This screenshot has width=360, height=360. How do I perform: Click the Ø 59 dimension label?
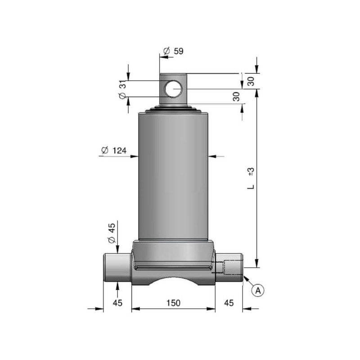point(173,51)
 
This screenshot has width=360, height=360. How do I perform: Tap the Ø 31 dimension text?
point(122,90)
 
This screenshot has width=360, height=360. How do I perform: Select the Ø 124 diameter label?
point(114,150)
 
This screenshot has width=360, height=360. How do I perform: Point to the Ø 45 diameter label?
point(112,233)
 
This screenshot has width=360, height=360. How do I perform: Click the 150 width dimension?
point(173,303)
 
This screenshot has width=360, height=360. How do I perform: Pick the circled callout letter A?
point(258,290)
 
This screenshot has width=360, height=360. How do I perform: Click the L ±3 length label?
point(251,178)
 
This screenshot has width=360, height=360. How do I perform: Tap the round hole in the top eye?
point(173,89)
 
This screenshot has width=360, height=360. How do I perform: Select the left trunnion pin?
point(117,268)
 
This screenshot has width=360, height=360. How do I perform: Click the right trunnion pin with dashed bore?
point(229,268)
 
